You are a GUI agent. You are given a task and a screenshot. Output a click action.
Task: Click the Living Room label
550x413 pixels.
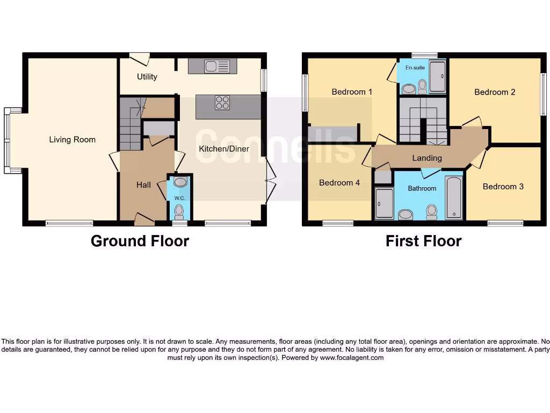pyautogui.click(x=72, y=140)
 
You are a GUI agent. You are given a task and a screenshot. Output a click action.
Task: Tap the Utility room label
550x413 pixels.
pyautogui.click(x=147, y=77)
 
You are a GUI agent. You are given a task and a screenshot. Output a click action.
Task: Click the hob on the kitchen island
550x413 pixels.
pyautogui.click(x=222, y=102)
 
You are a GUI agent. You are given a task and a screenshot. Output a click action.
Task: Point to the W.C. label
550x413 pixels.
pyautogui.click(x=179, y=198)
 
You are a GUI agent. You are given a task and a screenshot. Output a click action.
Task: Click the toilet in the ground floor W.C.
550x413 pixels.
pyautogui.click(x=179, y=210)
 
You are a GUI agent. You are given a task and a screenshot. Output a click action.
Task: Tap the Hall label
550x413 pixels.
pyautogui.click(x=143, y=185)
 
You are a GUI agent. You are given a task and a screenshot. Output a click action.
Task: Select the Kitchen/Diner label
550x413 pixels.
pyautogui.click(x=224, y=149)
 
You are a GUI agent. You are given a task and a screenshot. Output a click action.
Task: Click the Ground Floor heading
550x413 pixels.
pyautogui.click(x=140, y=241)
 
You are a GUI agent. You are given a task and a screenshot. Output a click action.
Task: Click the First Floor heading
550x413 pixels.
pyautogui.click(x=423, y=241)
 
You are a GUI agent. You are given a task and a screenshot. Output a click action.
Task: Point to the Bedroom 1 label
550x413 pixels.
pyautogui.click(x=352, y=92)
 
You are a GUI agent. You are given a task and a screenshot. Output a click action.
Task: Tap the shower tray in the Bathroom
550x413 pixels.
pyautogui.click(x=384, y=203)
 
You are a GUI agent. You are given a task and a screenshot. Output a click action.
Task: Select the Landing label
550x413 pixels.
pyautogui.click(x=427, y=158)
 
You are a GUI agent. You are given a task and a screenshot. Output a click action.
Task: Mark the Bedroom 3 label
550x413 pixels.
pyautogui.click(x=503, y=187)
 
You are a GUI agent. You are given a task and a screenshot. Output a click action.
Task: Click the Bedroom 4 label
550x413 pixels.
pyautogui.click(x=339, y=183)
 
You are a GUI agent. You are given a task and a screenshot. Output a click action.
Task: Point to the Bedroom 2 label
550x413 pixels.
pyautogui.click(x=495, y=92)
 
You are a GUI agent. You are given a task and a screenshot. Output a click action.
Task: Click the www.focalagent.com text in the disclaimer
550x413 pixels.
pyautogui.click(x=352, y=358)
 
